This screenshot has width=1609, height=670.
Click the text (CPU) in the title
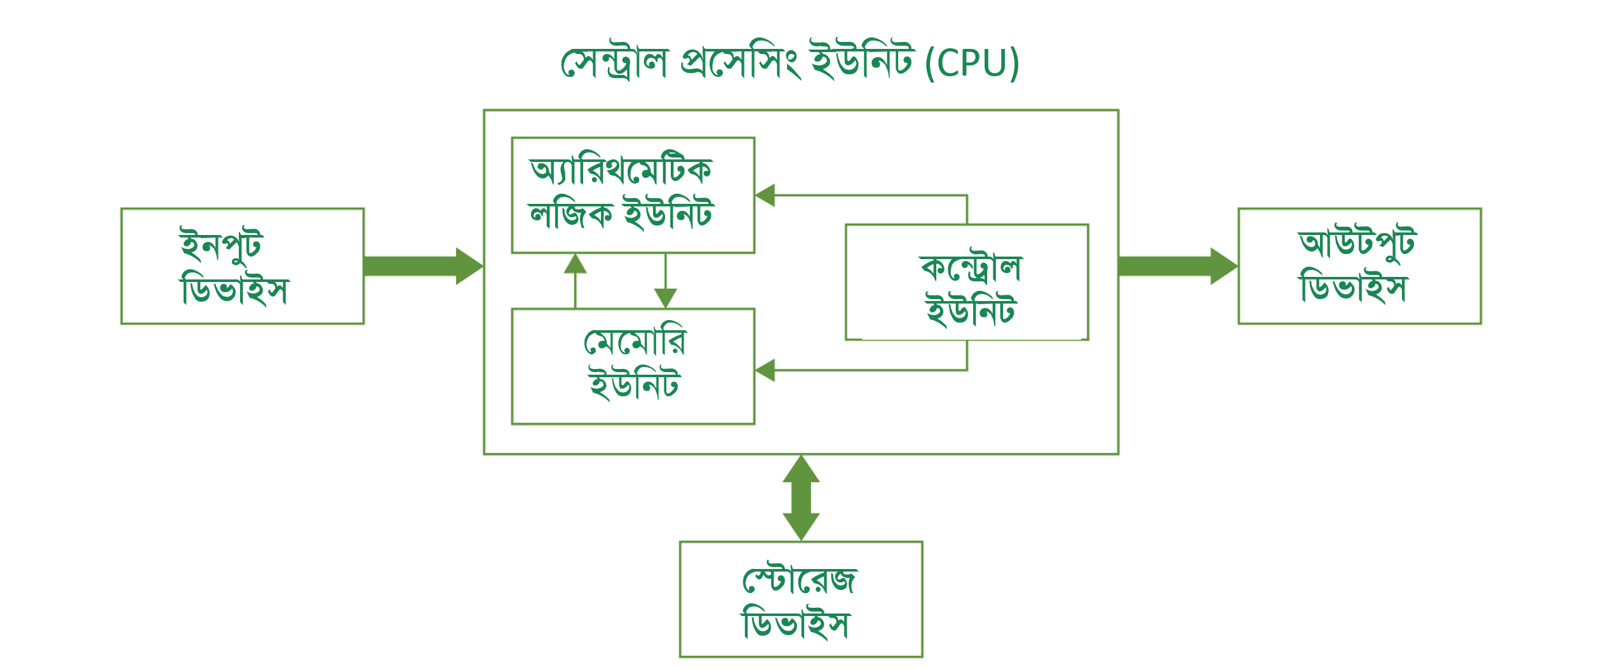pyautogui.click(x=972, y=64)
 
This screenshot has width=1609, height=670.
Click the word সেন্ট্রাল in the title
pyautogui.click(x=614, y=64)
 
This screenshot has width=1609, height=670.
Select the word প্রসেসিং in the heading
pyautogui.click(x=740, y=64)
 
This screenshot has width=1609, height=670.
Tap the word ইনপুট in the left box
pyautogui.click(x=221, y=245)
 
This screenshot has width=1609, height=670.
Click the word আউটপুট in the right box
pyautogui.click(x=1357, y=244)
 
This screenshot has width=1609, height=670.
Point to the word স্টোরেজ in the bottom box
pyautogui.click(x=799, y=579)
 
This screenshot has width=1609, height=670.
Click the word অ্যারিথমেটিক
pyautogui.click(x=621, y=170)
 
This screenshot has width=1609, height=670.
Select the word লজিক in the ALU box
pyautogui.click(x=570, y=214)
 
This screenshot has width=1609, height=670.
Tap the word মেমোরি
pyautogui.click(x=635, y=342)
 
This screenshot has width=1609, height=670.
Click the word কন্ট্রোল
pyautogui.click(x=970, y=268)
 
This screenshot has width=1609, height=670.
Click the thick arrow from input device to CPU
pyautogui.click(x=422, y=266)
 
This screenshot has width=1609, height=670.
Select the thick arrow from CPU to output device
pyautogui.click(x=1177, y=266)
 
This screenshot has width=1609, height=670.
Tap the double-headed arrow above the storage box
pyautogui.click(x=801, y=498)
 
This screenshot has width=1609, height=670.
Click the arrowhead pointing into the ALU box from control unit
pyautogui.click(x=765, y=195)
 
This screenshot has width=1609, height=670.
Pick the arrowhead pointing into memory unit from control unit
pyautogui.click(x=765, y=370)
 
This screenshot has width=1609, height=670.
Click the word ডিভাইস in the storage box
pyautogui.click(x=795, y=624)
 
